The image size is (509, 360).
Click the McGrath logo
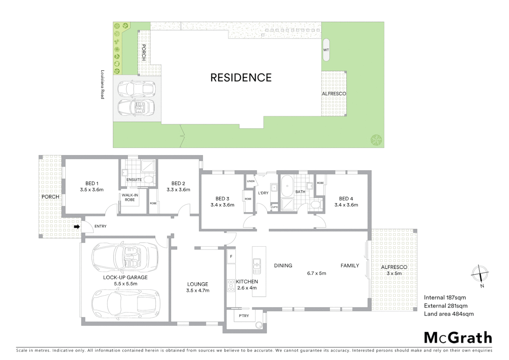[458, 338]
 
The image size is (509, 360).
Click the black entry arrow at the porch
[77, 227]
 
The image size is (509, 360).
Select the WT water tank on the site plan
[326, 50]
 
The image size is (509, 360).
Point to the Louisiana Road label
[103, 84]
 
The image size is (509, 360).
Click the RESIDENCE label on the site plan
[241, 78]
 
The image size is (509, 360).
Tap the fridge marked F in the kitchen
[231, 257]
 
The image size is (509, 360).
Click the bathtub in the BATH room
[286, 186]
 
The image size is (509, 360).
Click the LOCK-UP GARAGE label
[125, 277]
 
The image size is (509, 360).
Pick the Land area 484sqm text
[448, 314]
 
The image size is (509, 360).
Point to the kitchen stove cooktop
[231, 286]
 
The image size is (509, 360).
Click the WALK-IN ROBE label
[130, 197]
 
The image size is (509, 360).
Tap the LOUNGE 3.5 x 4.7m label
[198, 287]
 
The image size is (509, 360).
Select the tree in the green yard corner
[376, 140]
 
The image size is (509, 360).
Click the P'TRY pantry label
[244, 316]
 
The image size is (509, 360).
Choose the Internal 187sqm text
[445, 298]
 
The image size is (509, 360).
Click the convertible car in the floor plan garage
[125, 258]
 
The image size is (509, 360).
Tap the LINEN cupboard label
[251, 181]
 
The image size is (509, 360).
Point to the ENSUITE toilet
[149, 180]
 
